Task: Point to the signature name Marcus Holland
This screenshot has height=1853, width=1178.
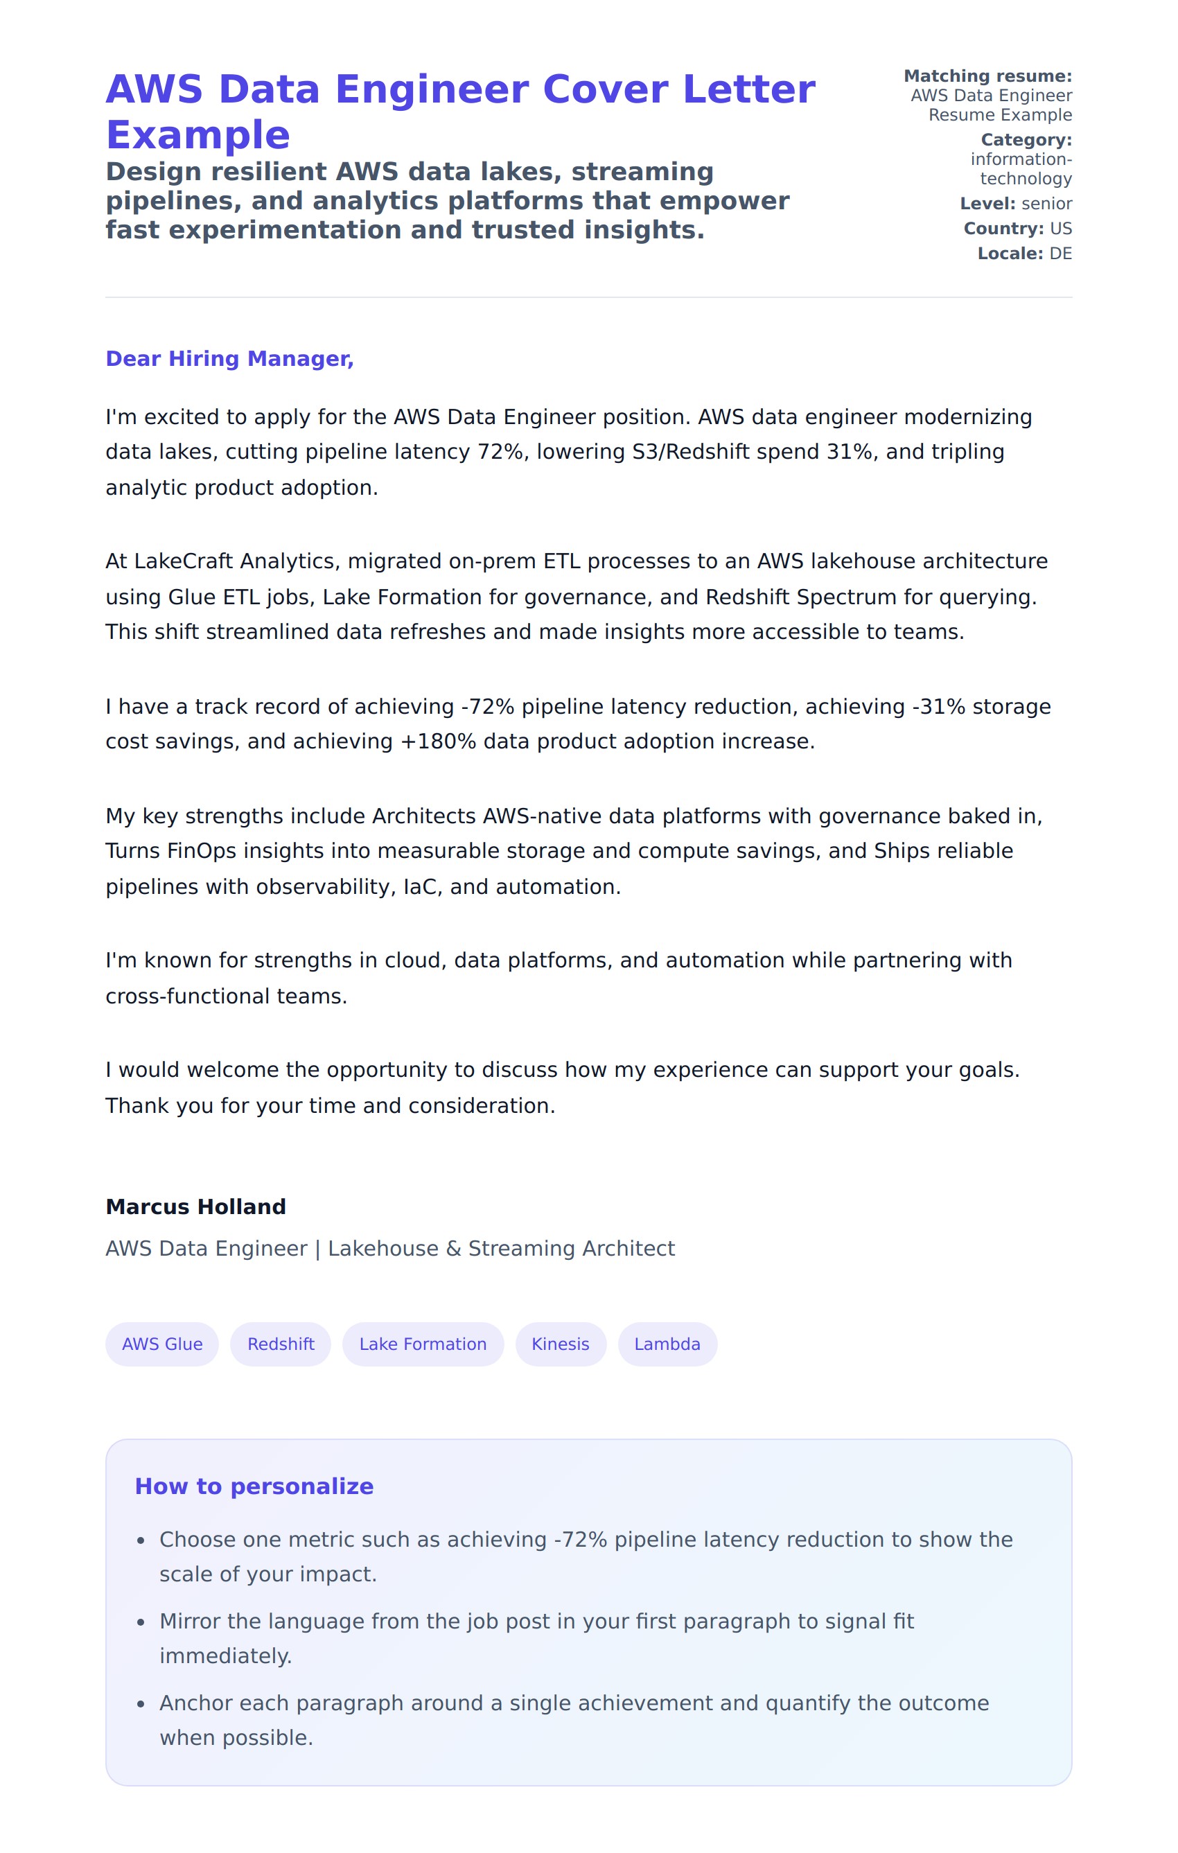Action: coord(195,1206)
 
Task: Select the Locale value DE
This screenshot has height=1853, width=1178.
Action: coord(1060,253)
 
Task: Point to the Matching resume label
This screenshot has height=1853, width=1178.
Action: coord(987,76)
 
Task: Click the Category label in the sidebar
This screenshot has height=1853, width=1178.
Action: coord(1026,140)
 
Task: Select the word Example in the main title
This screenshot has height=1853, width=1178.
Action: coord(197,134)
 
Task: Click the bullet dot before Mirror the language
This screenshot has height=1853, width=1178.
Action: coord(140,1622)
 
